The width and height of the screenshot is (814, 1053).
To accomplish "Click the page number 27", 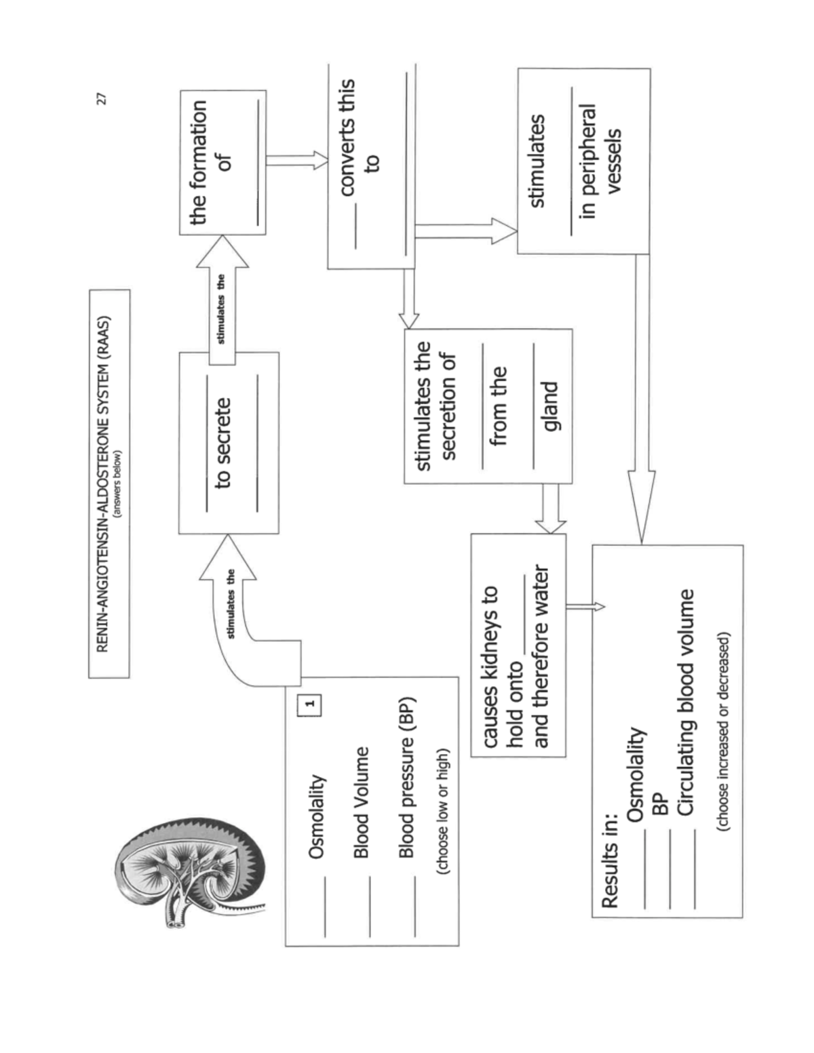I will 102,99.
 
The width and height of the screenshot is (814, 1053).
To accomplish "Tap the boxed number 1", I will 309,704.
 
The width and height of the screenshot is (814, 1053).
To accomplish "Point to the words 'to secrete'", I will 223,443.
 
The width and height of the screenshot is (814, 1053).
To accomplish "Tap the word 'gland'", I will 550,406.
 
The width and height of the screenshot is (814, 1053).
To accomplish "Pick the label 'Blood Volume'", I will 362,802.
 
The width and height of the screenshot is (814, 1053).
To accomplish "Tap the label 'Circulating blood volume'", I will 686,702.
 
